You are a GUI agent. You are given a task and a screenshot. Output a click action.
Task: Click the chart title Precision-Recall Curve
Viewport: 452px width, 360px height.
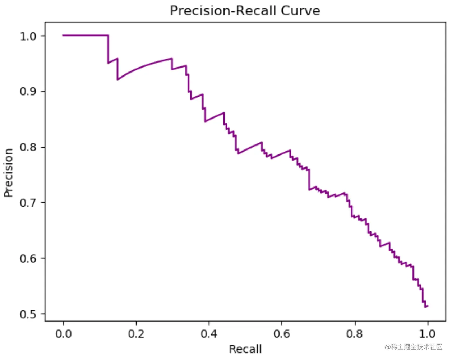click(245, 11)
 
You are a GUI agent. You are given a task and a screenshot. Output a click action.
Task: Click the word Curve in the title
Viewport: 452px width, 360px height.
click(300, 11)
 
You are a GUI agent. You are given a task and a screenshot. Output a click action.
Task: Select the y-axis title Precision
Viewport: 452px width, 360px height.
click(8, 173)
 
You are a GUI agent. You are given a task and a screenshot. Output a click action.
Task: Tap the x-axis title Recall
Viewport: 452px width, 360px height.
click(245, 349)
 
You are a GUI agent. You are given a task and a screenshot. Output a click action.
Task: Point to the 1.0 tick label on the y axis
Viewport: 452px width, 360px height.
click(28, 36)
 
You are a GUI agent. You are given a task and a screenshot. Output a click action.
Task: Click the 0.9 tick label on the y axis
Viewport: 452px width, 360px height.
click(28, 92)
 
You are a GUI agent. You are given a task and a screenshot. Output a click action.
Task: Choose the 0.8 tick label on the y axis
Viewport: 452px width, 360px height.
click(28, 147)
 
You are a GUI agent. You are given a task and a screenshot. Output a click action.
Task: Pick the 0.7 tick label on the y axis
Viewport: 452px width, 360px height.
click(28, 203)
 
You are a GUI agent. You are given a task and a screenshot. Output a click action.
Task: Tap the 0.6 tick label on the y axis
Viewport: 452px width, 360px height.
click(28, 258)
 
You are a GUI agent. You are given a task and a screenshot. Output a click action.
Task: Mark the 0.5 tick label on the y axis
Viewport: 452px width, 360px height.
click(28, 314)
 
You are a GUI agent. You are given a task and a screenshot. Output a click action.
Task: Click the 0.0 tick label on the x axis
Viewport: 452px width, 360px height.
click(64, 334)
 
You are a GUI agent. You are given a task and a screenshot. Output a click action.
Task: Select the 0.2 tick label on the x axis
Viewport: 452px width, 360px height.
click(136, 334)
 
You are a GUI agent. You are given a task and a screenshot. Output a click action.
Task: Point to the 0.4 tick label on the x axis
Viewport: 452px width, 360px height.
click(209, 334)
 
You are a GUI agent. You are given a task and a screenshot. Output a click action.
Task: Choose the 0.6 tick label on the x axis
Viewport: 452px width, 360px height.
click(282, 334)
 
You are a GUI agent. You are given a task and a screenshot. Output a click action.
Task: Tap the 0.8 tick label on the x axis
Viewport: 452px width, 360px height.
click(355, 334)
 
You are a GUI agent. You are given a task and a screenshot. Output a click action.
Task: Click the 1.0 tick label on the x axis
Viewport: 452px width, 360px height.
click(427, 334)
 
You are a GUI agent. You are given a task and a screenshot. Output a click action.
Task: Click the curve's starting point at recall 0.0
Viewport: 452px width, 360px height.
click(63, 36)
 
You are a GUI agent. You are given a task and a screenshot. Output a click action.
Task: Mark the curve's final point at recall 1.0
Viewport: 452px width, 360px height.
click(428, 306)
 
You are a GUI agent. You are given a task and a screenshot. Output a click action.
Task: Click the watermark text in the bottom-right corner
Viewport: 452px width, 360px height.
click(414, 347)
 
